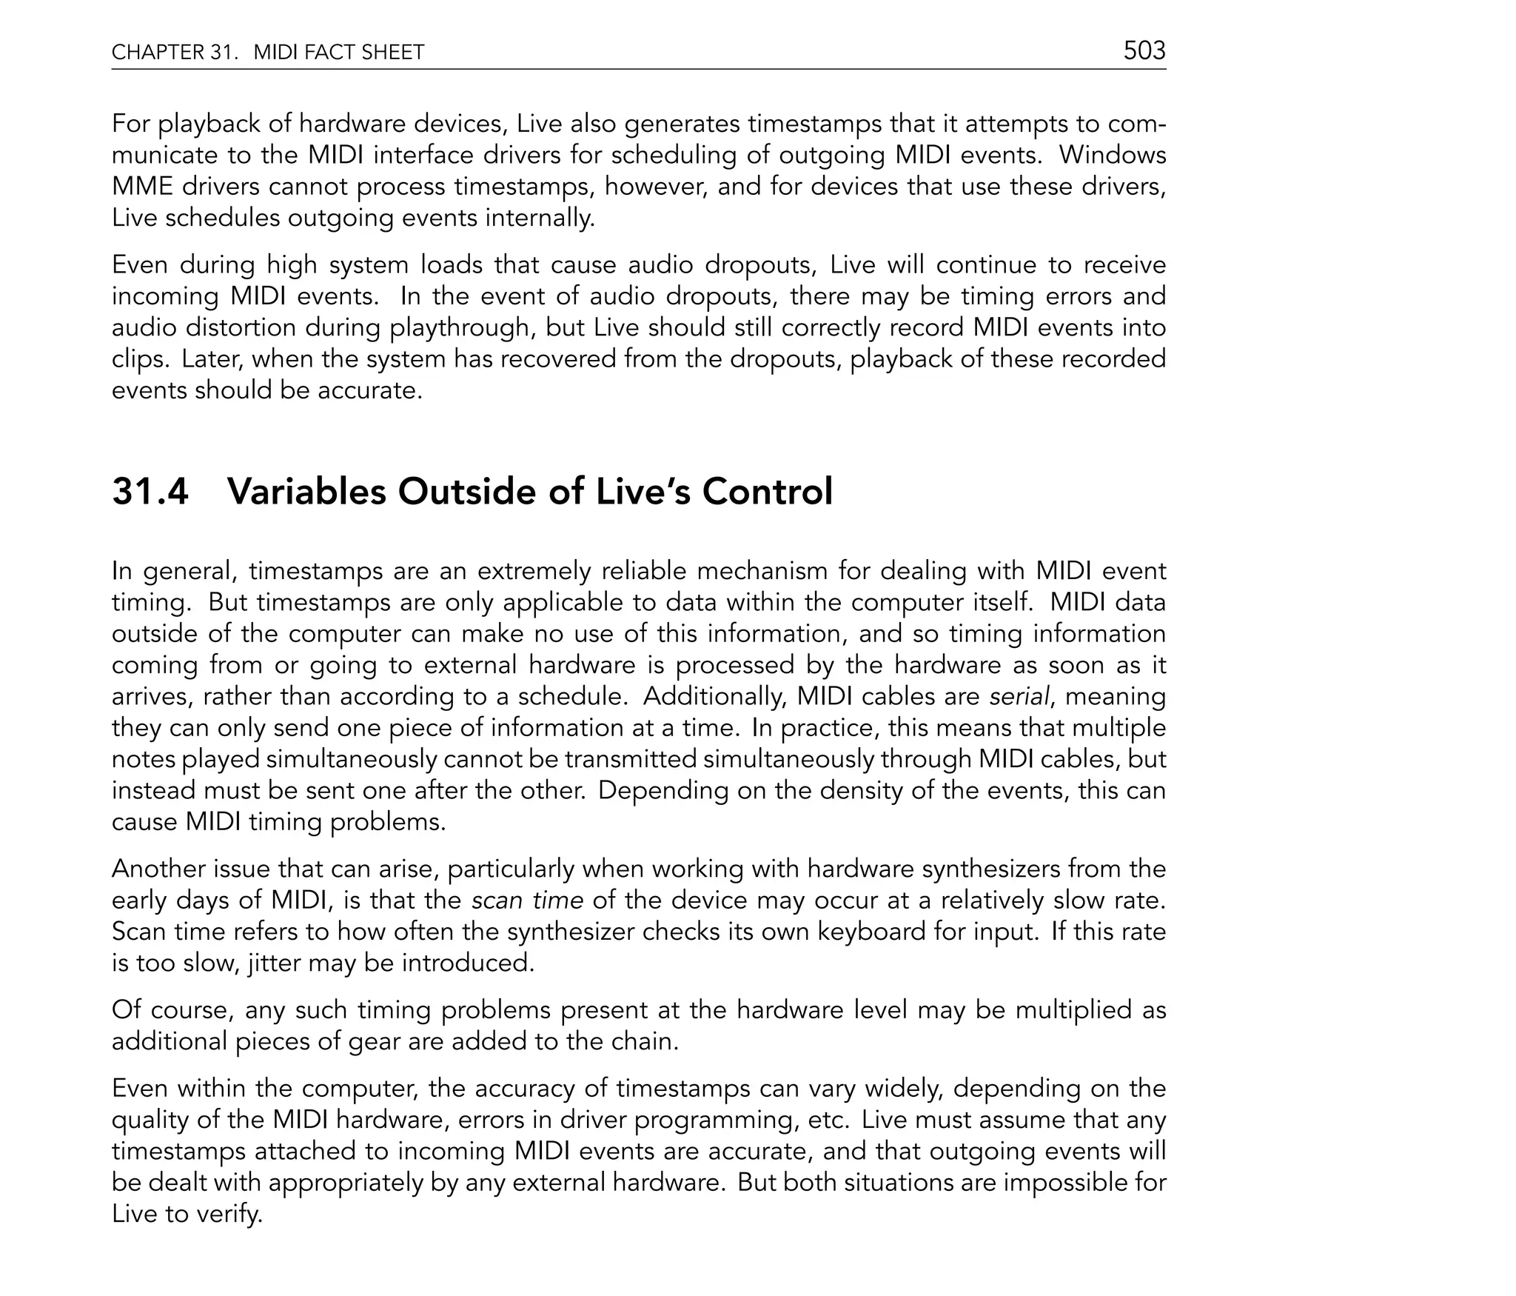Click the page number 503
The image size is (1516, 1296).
coord(1144,50)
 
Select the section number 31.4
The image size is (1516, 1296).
coord(150,492)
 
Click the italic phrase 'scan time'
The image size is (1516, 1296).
coord(527,901)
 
